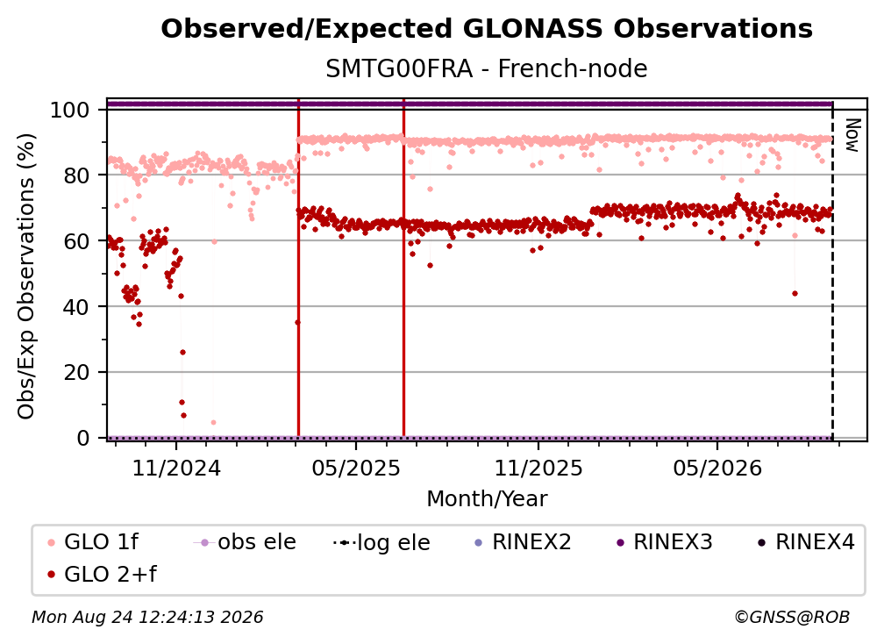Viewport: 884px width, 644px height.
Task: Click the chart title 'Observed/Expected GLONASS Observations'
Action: [487, 29]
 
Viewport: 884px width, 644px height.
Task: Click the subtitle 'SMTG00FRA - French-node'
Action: [487, 68]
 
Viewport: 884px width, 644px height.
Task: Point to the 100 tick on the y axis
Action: [70, 110]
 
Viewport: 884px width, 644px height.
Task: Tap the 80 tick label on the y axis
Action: [76, 175]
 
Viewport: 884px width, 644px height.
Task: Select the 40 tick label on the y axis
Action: [76, 307]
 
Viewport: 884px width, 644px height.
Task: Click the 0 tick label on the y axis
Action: [83, 438]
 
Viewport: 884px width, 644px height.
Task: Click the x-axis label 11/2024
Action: [176, 468]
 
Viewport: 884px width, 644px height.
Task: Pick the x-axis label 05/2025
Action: [356, 468]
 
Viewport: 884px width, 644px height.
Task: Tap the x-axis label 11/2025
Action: [538, 468]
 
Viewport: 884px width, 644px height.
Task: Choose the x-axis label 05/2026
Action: [717, 468]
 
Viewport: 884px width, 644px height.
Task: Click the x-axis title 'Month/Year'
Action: [487, 499]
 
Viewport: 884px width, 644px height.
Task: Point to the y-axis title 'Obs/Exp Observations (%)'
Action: [26, 276]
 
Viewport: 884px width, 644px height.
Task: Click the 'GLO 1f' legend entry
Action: [93, 542]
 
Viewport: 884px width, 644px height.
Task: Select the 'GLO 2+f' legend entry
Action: [102, 575]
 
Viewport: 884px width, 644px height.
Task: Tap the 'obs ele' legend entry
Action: [244, 542]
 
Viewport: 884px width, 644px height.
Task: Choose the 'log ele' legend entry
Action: [381, 542]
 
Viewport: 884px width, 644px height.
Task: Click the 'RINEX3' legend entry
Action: [665, 542]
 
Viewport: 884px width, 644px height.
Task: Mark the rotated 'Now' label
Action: [852, 135]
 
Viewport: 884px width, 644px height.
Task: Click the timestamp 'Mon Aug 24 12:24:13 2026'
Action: [147, 618]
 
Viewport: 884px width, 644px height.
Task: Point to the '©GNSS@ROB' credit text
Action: [792, 618]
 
